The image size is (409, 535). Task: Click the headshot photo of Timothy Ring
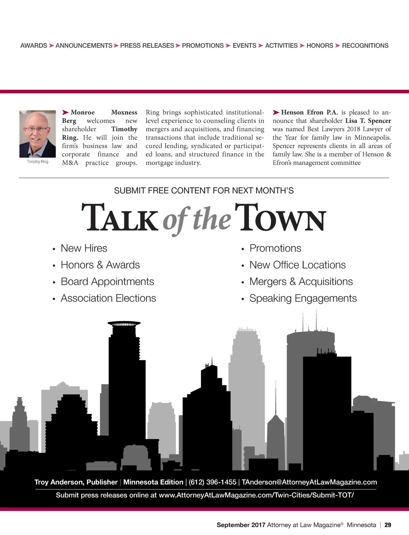[37, 134]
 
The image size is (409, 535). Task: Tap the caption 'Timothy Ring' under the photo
[37, 162]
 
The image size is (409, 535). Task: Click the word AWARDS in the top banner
[34, 46]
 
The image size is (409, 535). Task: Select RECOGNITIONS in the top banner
[365, 46]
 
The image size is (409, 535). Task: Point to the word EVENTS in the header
[244, 46]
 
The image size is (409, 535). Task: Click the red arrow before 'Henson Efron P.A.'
[276, 113]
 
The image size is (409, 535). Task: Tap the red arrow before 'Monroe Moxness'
[65, 113]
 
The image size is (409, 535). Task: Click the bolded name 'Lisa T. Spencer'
[368, 121]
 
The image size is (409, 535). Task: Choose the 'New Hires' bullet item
[84, 248]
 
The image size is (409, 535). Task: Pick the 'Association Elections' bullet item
[108, 298]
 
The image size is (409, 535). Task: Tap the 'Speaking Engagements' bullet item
[303, 298]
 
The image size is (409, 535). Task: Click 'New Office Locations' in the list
[298, 265]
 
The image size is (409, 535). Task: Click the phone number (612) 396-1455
[212, 482]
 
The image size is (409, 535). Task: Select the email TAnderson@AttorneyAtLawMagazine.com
[309, 482]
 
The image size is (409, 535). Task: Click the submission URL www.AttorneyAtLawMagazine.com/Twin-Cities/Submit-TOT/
[256, 495]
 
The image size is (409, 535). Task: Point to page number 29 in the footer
[388, 525]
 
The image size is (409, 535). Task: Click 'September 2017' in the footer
[241, 525]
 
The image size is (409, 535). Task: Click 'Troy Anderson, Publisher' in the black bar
[76, 482]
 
